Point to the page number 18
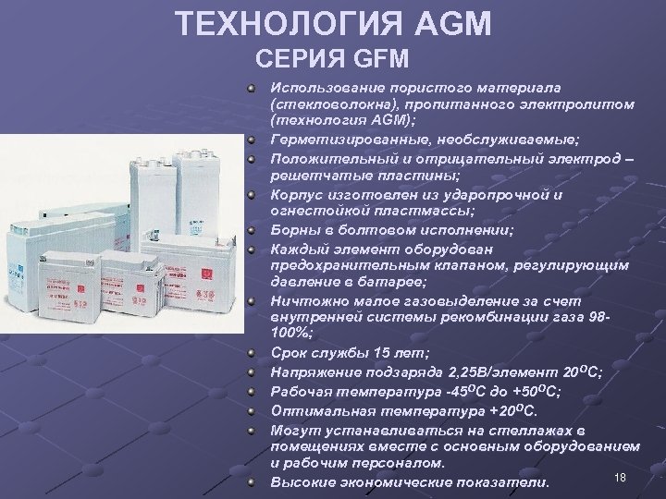(621, 475)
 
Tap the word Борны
(293, 231)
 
